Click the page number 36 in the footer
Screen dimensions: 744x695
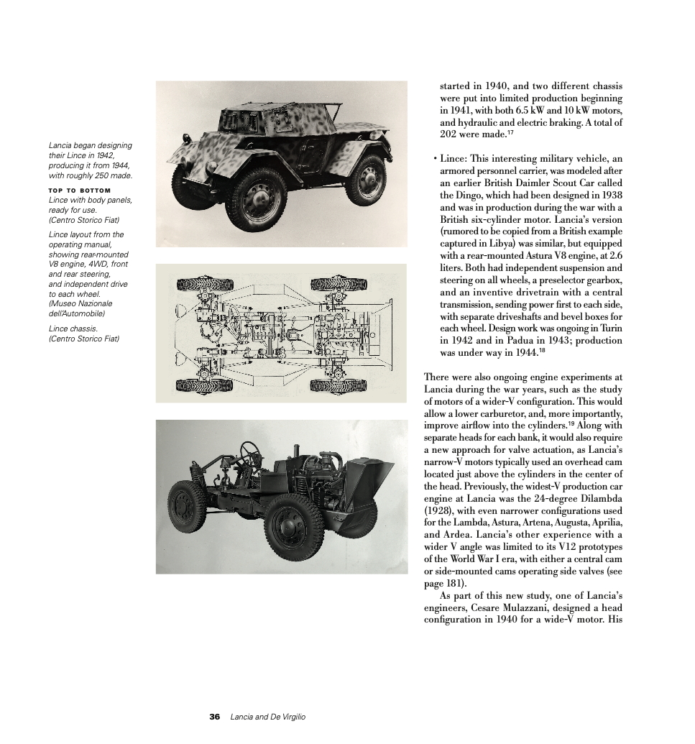tap(214, 717)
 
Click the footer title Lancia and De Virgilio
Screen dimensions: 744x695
tap(267, 717)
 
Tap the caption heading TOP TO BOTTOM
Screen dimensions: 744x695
tap(80, 190)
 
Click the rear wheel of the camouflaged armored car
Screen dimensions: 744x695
tap(366, 179)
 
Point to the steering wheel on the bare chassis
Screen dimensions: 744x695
tap(251, 452)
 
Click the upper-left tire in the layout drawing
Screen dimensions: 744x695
tap(204, 283)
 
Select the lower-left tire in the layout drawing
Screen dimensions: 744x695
tap(204, 386)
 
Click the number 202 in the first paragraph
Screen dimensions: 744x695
tap(451, 134)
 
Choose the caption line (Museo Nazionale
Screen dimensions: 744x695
tap(80, 303)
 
